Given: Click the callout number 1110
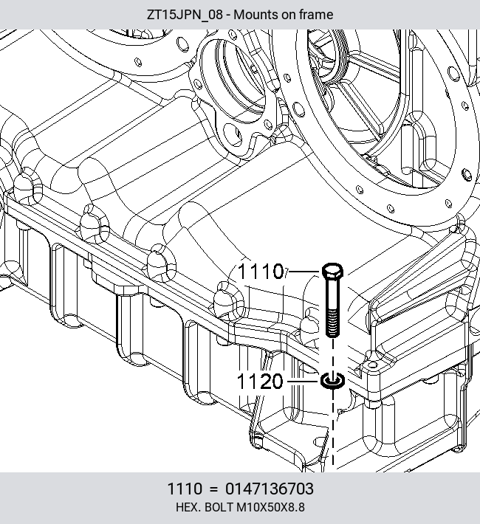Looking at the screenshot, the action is tap(261, 271).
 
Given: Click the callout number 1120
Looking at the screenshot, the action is tap(260, 381).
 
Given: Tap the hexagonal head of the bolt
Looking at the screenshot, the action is tap(332, 271).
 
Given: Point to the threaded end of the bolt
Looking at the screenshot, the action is tap(332, 323).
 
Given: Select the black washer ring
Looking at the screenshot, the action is tap(332, 381).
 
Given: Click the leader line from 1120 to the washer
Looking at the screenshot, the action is tap(304, 381).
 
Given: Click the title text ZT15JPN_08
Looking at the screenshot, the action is tap(185, 15).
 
